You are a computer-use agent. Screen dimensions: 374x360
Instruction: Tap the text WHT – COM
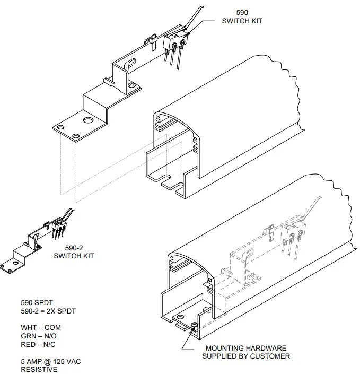tap(41, 327)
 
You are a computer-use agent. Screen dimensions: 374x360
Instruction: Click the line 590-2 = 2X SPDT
tap(48, 311)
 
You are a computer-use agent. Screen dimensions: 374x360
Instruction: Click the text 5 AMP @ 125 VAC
tap(51, 361)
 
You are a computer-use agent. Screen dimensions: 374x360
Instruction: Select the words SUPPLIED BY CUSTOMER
tap(246, 356)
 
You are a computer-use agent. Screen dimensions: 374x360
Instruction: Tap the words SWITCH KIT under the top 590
tap(242, 21)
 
